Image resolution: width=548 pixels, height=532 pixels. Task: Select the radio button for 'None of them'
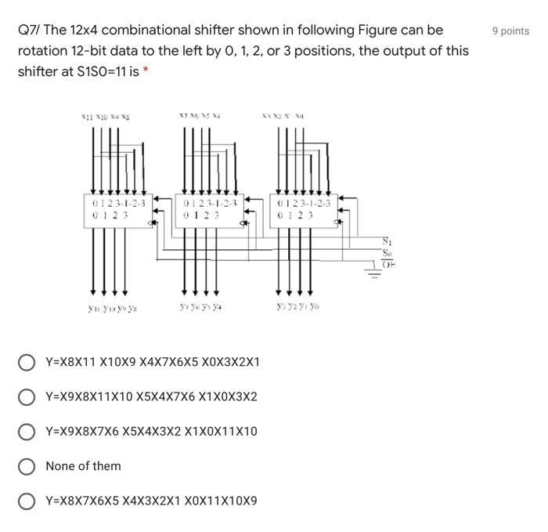coord(27,466)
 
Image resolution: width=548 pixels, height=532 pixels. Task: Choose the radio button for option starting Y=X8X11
coord(27,363)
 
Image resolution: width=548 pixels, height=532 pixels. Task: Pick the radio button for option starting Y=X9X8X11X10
coord(27,397)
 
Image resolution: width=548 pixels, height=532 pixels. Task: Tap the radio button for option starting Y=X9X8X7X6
coord(27,432)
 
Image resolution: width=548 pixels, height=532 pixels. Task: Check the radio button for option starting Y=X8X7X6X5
coord(27,501)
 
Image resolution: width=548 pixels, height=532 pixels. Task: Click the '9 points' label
coord(510,31)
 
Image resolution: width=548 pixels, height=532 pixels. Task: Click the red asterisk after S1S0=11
coord(146,71)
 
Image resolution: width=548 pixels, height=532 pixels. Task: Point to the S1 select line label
coord(387,241)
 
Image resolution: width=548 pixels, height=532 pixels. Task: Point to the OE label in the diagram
coord(389,266)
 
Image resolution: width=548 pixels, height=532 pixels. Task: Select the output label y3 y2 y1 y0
coord(298,308)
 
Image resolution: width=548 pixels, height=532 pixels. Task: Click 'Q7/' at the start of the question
coord(29,31)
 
